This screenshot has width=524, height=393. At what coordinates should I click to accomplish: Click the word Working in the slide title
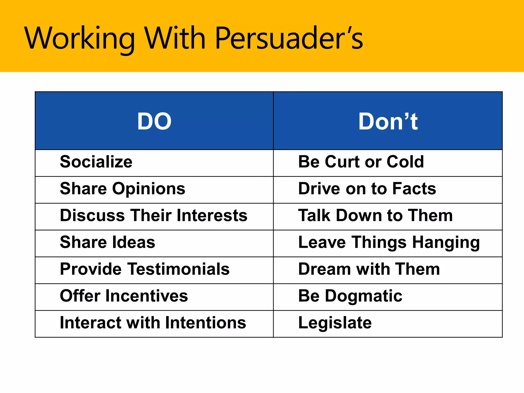[79, 38]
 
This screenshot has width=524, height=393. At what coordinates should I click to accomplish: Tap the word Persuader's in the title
[289, 38]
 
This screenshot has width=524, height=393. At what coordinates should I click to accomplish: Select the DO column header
[154, 121]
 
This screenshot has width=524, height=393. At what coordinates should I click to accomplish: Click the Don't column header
[388, 121]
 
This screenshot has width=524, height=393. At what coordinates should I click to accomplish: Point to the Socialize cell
[96, 162]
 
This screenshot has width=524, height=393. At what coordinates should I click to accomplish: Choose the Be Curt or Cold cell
[361, 162]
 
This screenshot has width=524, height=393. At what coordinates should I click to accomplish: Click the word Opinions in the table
[149, 189]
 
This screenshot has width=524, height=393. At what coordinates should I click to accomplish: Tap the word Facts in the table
[414, 189]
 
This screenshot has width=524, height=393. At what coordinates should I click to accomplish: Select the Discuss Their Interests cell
[154, 215]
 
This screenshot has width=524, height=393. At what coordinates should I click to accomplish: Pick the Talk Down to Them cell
[375, 215]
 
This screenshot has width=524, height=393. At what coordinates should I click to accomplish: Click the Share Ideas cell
[107, 242]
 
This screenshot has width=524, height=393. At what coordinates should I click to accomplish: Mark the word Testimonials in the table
[179, 269]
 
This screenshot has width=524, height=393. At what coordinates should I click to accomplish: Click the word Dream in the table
[324, 269]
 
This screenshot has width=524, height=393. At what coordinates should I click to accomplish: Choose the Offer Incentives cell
[124, 296]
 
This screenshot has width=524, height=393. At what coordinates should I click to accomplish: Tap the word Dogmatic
[364, 296]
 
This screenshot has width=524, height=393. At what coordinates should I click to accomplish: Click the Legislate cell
[335, 323]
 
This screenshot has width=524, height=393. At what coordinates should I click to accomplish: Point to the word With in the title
[175, 38]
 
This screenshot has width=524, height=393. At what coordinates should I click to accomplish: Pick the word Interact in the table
[91, 323]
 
